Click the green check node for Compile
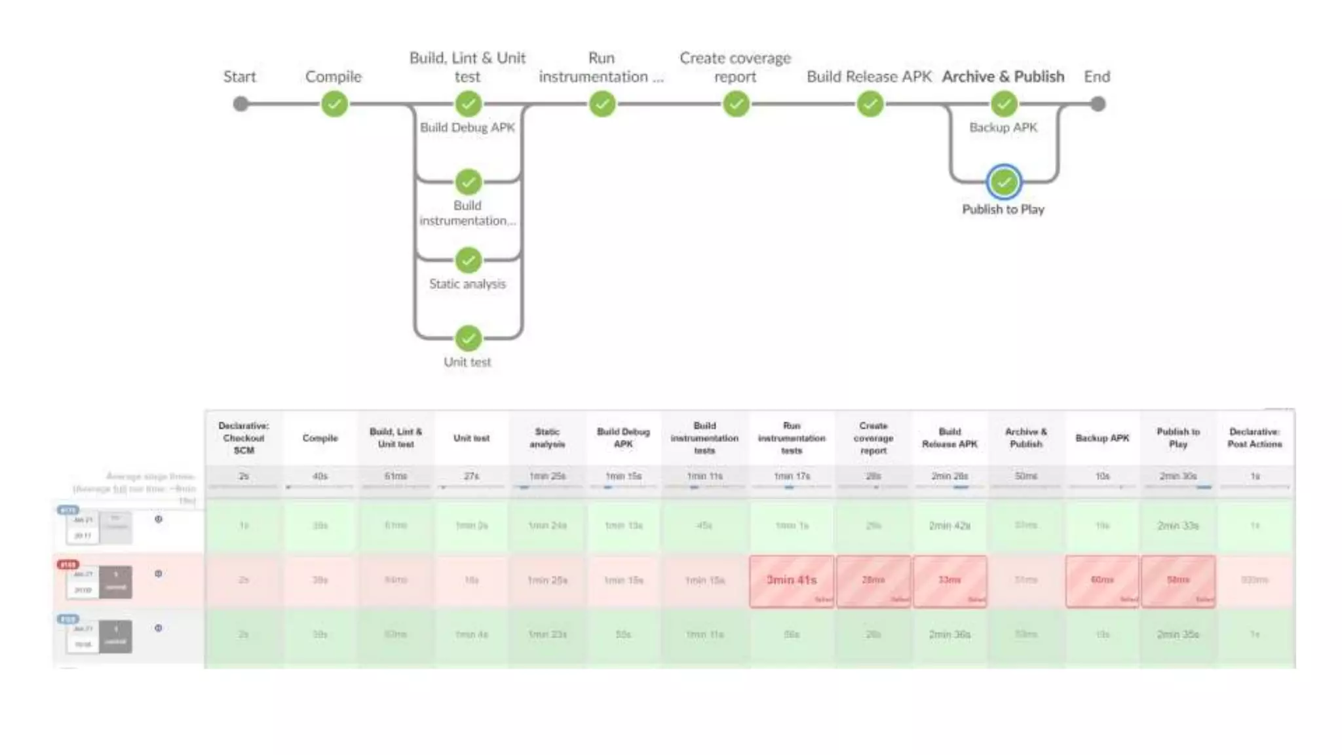pos(334,104)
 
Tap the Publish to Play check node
pos(1003,182)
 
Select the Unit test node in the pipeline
pos(468,338)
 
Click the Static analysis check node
pos(468,260)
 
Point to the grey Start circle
pos(240,104)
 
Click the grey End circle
pos(1098,104)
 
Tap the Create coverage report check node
pos(736,104)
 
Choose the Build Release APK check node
pos(870,104)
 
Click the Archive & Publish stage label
pos(1003,77)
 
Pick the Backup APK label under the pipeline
pos(1003,127)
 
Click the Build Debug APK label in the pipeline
pos(467,127)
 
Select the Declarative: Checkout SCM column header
pos(244,438)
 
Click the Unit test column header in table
pos(471,438)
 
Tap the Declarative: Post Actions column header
pos(1254,438)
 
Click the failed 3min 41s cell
pos(792,581)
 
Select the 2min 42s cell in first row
pos(949,526)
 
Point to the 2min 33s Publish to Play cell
pos(1178,526)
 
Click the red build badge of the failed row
pos(67,564)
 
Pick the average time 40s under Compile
pos(320,476)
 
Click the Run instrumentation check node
pos(602,104)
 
